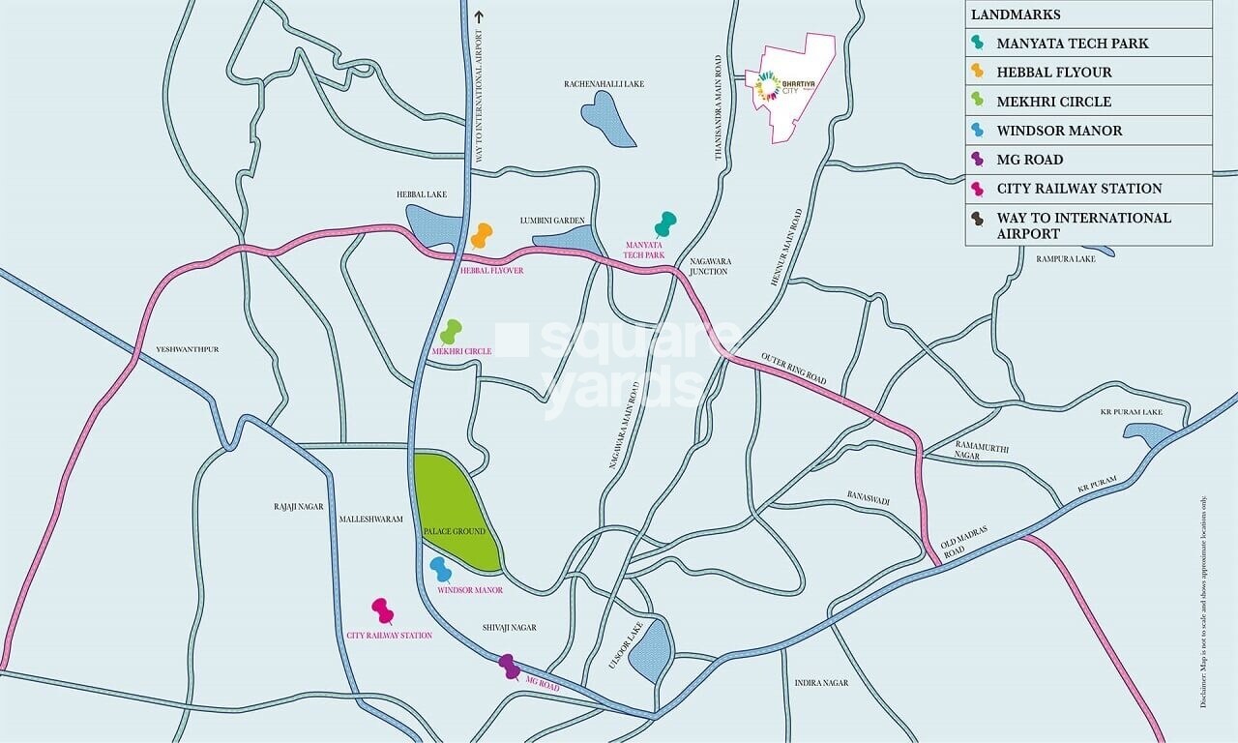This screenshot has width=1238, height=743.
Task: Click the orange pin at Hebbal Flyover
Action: [481, 235]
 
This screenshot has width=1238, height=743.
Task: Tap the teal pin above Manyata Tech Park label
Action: [665, 224]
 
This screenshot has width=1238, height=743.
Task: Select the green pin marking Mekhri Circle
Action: [451, 332]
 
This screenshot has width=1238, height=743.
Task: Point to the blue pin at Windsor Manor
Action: [441, 569]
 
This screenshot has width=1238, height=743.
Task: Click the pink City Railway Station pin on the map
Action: [383, 610]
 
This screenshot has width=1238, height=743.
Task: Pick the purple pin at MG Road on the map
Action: [509, 666]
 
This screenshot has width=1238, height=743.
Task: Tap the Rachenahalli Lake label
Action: [604, 84]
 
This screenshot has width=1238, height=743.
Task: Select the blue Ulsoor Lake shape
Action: [650, 650]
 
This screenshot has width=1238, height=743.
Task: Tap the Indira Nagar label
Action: [821, 683]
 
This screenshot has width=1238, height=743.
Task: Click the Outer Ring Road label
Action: [793, 367]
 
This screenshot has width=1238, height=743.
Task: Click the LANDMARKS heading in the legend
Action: [1016, 15]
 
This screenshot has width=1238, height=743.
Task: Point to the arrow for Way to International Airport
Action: [477, 16]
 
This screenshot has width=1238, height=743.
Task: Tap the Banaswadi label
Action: [868, 500]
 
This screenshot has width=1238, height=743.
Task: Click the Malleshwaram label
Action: [370, 520]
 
